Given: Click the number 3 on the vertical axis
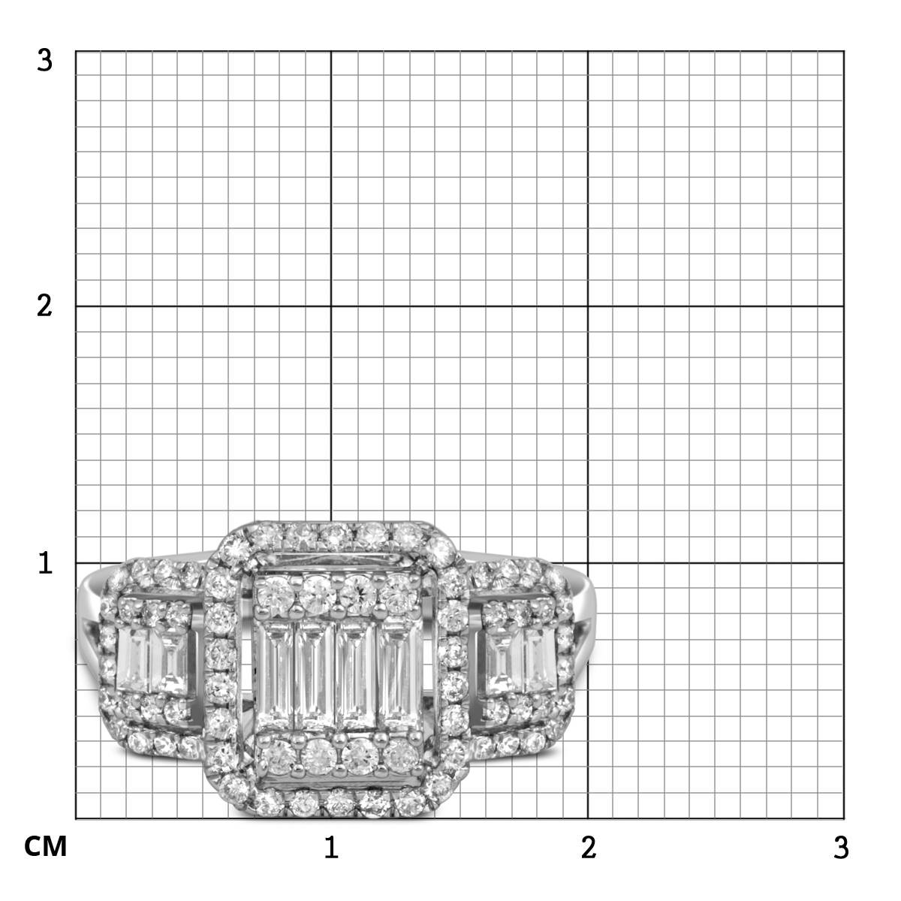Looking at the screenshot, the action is coord(44,61).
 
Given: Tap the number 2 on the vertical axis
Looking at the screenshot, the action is coord(44,307).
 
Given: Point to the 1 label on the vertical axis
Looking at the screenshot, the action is coord(45,563).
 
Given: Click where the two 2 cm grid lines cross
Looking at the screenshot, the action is coord(588,306).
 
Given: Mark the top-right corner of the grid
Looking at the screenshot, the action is coord(844,52).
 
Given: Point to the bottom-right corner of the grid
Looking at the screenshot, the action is coord(844,819).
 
